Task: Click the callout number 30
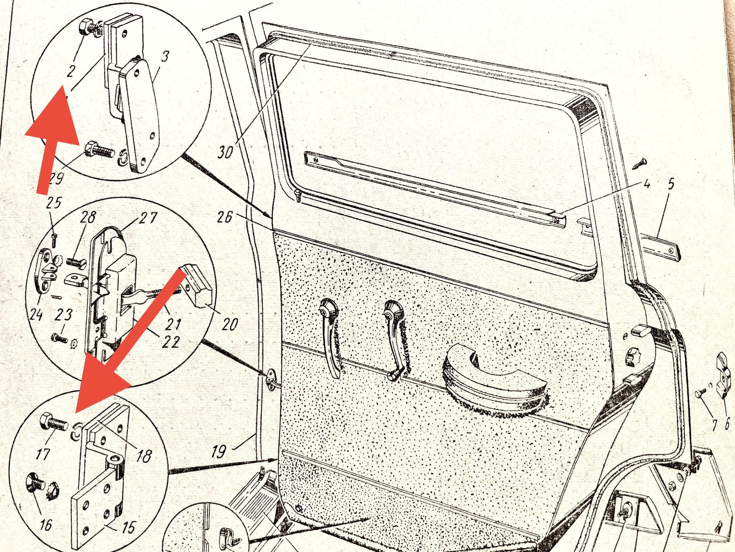coord(225,152)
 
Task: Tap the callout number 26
coord(224,217)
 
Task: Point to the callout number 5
coord(671,184)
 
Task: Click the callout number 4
coord(647,183)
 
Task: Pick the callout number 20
coord(230,324)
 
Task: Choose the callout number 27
coord(148,218)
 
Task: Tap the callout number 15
coord(128,527)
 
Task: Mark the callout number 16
coord(46,525)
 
